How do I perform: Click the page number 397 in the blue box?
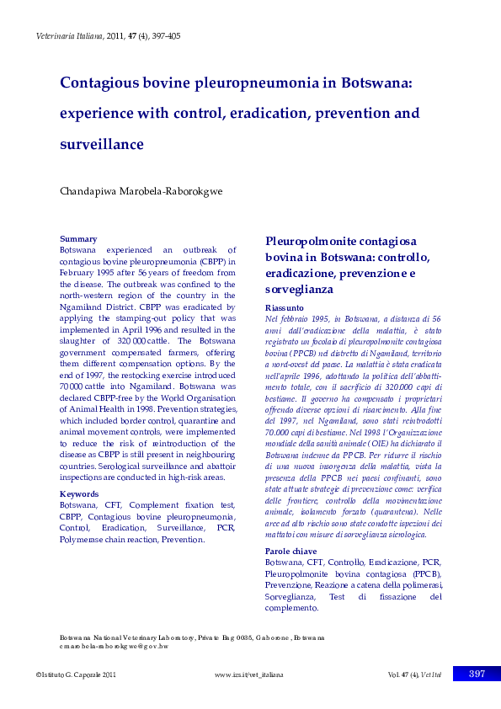(477, 674)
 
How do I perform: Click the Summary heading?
(77, 239)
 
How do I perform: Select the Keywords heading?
(80, 494)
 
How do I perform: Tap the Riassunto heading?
(284, 308)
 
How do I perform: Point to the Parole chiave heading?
(291, 551)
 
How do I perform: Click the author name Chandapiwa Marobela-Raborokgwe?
(141, 191)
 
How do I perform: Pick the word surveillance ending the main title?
(101, 144)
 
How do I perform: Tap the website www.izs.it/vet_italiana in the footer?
(248, 675)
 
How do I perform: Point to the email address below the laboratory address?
(114, 647)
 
